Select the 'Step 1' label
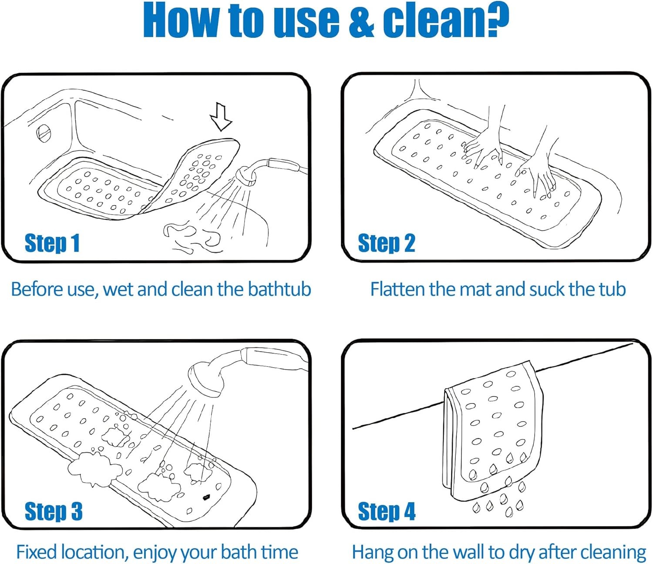click(52, 243)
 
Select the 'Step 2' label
click(387, 243)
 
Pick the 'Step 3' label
click(54, 511)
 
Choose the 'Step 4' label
click(387, 511)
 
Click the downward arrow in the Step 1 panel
click(221, 116)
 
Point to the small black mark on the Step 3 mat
click(205, 498)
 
